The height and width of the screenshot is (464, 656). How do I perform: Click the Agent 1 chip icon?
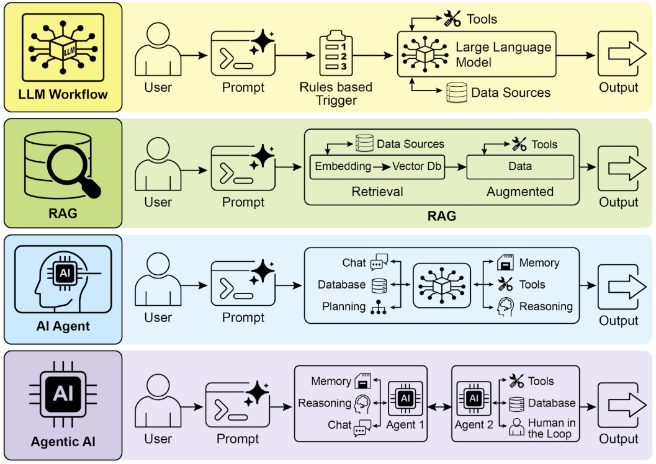pyautogui.click(x=405, y=398)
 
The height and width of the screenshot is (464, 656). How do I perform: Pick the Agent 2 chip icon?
pyautogui.click(x=474, y=398)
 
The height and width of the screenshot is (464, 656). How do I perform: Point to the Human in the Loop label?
pyautogui.click(x=551, y=428)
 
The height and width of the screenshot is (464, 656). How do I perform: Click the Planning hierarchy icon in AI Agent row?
pyautogui.click(x=378, y=307)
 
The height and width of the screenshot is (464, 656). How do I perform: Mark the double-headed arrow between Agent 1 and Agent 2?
pyautogui.click(x=439, y=407)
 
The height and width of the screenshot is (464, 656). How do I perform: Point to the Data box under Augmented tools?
pyautogui.click(x=520, y=167)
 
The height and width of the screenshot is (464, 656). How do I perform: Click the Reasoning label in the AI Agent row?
pyautogui.click(x=546, y=306)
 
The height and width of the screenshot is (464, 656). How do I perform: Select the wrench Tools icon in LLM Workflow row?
pyautogui.click(x=451, y=19)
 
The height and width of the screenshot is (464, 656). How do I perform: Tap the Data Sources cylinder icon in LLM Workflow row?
pyautogui.click(x=456, y=92)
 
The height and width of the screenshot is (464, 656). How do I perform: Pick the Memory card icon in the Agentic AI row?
pyautogui.click(x=362, y=381)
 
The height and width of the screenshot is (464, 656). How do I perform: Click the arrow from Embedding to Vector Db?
pyautogui.click(x=382, y=166)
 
